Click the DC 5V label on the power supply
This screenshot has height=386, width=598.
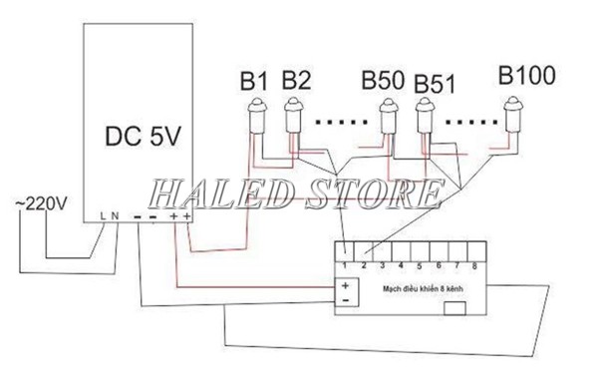click(144, 138)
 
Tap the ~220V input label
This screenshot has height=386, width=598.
click(41, 203)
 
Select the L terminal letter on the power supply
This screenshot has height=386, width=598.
click(106, 215)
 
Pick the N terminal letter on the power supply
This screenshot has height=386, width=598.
click(117, 215)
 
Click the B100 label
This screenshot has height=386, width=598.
click(526, 76)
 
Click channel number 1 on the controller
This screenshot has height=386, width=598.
click(343, 265)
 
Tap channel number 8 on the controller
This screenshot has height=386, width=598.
click(474, 265)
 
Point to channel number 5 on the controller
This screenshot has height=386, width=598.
click(419, 265)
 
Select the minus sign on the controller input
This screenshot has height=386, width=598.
click(345, 298)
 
